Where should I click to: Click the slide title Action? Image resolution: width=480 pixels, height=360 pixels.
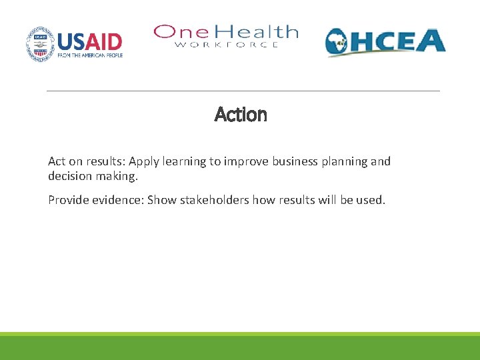pos(241,115)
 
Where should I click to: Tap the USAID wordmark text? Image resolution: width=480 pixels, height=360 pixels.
pos(90,41)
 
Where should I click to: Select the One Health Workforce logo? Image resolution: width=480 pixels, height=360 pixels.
pos(226,36)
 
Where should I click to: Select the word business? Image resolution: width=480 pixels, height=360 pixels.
pos(295,161)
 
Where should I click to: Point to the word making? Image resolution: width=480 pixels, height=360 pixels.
pos(118,177)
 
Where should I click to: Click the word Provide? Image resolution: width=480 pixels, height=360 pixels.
pos(69,200)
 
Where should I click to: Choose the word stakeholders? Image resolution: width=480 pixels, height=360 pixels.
pos(214,200)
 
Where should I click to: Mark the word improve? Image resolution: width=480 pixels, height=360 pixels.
pos(246,161)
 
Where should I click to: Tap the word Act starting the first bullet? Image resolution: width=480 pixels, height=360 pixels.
pos(57,161)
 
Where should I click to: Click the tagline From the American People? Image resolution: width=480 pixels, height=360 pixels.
pos(90,56)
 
